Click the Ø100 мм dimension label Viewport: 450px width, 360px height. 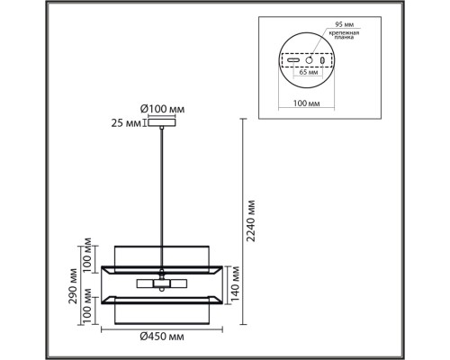point(162,109)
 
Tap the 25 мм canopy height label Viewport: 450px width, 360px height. point(126,123)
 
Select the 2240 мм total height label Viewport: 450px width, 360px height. point(250,220)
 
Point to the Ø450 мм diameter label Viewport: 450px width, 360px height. point(162,337)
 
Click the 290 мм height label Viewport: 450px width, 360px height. point(73,286)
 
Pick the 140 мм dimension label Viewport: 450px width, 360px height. point(236,283)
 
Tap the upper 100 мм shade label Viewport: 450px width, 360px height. point(87,255)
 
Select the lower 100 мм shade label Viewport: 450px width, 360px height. point(87,306)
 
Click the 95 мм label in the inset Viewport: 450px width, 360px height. point(344,24)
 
